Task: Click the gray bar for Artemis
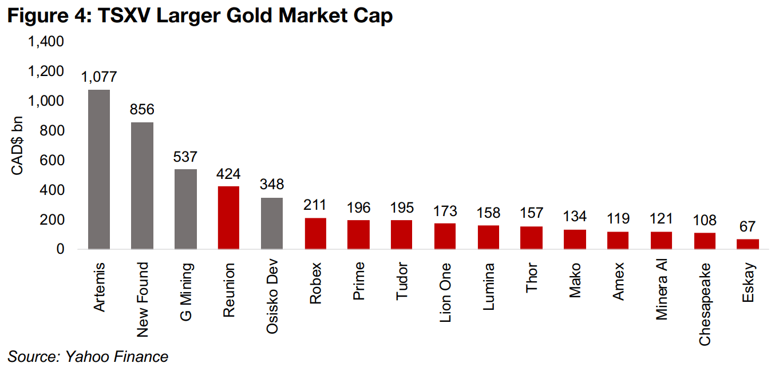98,169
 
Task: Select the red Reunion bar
228,217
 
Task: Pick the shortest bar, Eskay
748,244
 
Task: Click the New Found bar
142,185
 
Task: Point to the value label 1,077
98,77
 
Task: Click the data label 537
185,156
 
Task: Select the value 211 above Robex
315,205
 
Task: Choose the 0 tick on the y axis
60,250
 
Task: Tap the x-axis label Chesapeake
705,304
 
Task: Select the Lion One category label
445,292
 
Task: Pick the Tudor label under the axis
402,281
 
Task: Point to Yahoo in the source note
81,357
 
